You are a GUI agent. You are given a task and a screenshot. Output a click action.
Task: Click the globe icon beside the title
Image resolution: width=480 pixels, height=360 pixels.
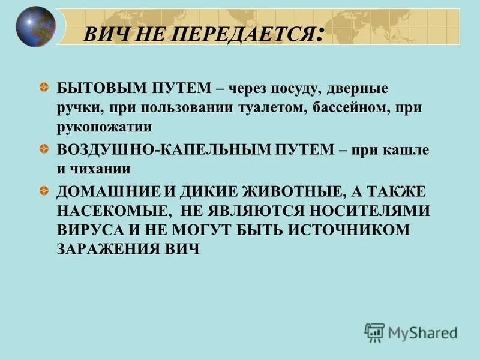35,27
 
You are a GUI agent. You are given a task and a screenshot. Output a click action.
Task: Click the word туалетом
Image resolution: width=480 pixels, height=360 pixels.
275,108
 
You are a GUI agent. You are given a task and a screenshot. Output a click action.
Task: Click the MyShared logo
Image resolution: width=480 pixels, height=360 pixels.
411,331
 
